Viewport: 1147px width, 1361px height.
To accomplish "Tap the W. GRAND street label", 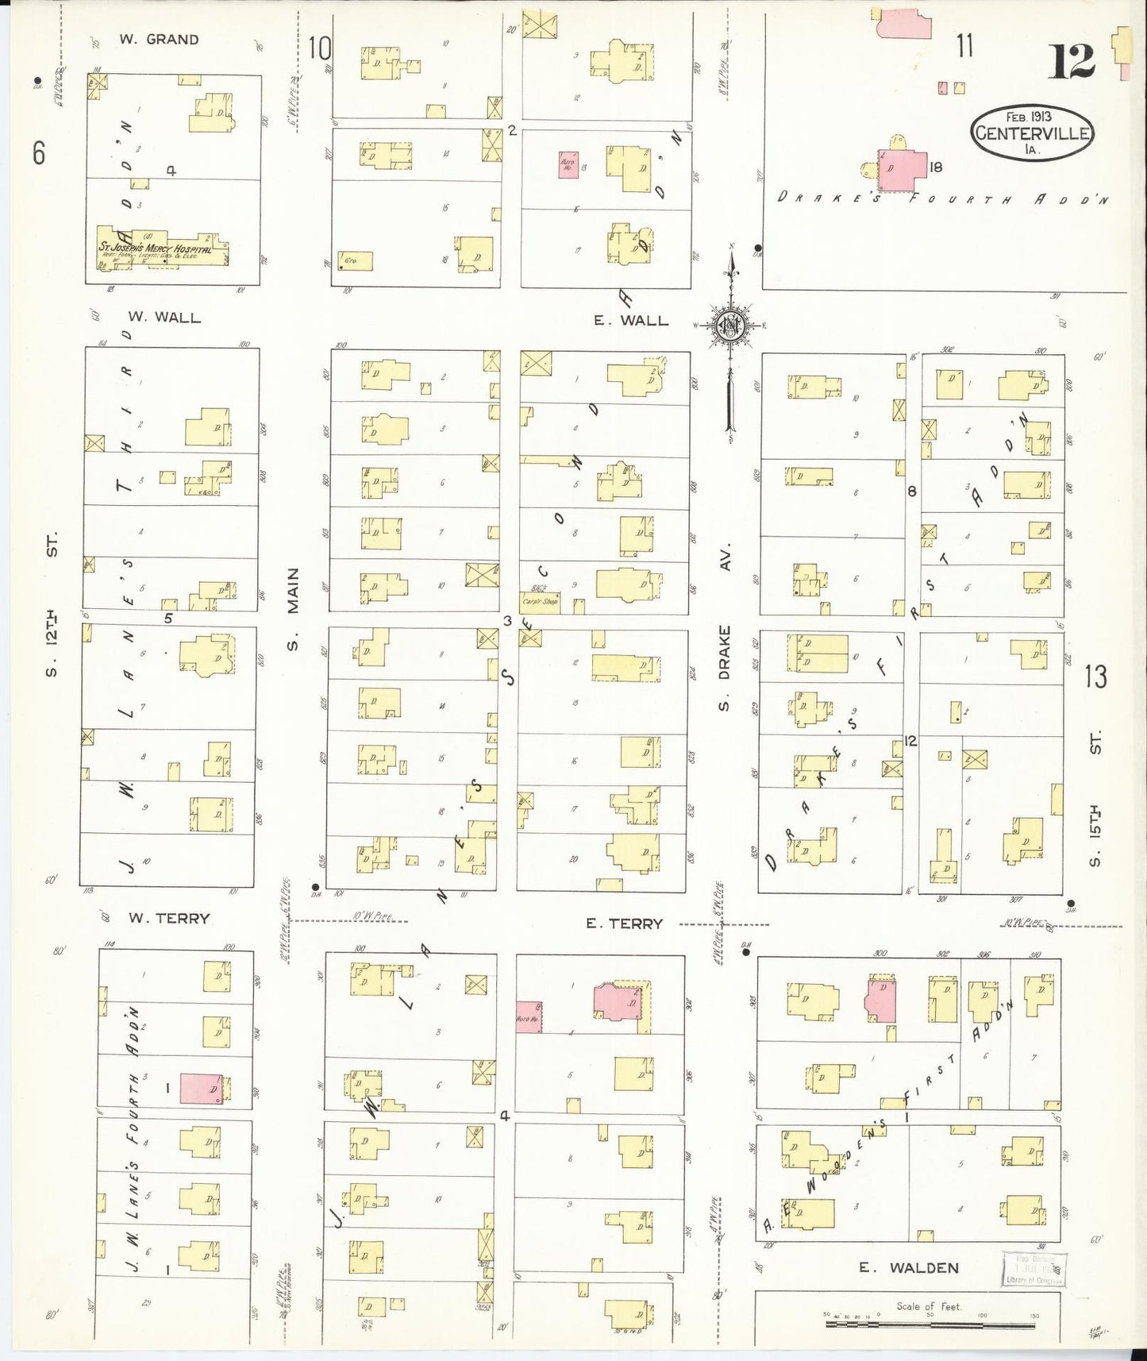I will point(160,40).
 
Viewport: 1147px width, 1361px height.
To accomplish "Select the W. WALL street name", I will point(164,318).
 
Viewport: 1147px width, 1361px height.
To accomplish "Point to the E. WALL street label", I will point(631,321).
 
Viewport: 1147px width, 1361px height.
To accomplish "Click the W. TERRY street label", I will point(169,919).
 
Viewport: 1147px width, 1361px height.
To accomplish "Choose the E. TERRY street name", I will point(624,923).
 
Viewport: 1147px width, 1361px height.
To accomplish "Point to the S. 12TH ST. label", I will point(52,603).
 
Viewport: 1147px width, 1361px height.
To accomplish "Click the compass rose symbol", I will point(730,326).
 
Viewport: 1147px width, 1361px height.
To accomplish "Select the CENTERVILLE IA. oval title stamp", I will point(1031,133).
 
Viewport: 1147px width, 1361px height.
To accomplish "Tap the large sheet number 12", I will point(1071,62).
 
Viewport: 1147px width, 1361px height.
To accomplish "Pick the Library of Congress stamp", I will point(1034,1270).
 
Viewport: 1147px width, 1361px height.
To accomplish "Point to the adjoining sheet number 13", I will point(1095,677).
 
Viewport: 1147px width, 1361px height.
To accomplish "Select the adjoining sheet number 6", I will point(39,152).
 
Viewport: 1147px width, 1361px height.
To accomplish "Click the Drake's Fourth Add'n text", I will point(943,199).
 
